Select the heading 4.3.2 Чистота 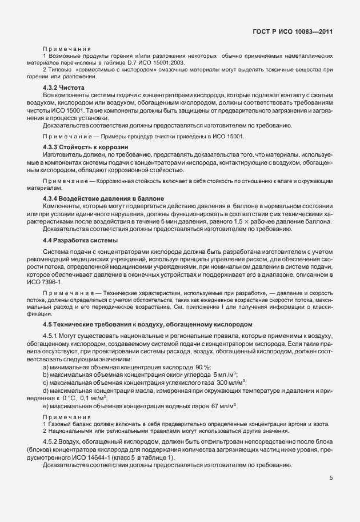pos(63,87)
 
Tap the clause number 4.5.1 pos(50,336)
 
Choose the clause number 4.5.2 pos(50,444)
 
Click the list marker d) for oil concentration pos(46,390)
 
